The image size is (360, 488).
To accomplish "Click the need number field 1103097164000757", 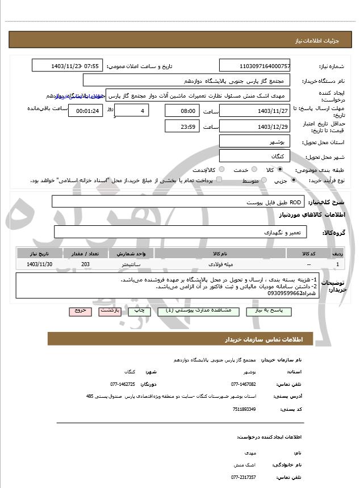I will click(255, 66).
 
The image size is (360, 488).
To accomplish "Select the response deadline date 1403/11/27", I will click(255, 111).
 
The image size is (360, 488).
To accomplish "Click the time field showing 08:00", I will click(182, 111).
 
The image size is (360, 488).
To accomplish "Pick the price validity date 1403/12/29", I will click(255, 127).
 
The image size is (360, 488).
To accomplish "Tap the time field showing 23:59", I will click(182, 127).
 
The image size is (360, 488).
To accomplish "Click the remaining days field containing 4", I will click(132, 111).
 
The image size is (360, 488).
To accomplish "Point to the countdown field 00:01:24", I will click(86, 111).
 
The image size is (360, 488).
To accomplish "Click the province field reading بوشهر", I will click(255, 141).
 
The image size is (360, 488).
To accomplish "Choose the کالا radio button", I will click(279, 170).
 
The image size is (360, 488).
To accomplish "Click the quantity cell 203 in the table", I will click(86, 264).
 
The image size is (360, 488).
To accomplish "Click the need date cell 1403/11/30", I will click(40, 264).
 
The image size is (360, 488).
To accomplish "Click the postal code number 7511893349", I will click(243, 409).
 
